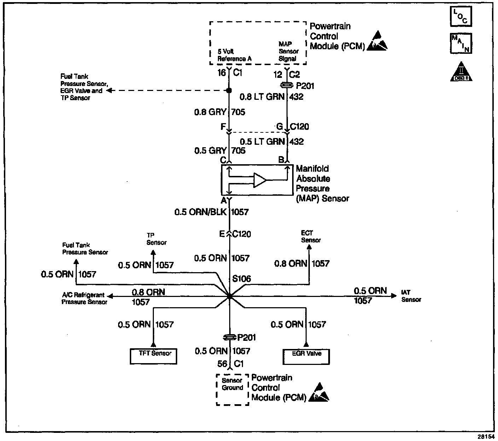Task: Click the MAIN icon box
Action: pos(461,43)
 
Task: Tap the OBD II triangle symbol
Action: pos(461,72)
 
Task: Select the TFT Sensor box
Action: pos(153,356)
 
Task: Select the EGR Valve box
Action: pos(306,356)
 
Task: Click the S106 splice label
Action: pos(242,279)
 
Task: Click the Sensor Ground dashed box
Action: pos(232,389)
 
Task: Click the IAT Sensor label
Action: pos(411,296)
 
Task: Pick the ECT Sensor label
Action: pos(311,236)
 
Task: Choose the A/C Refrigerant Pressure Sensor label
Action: pos(84,298)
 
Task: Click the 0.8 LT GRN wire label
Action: pos(262,97)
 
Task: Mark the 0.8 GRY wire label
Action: pos(210,112)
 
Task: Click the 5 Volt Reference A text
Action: pos(234,55)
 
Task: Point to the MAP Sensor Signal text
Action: pos(288,51)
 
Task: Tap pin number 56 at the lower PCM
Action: pos(222,363)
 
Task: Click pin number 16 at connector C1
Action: pos(221,73)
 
